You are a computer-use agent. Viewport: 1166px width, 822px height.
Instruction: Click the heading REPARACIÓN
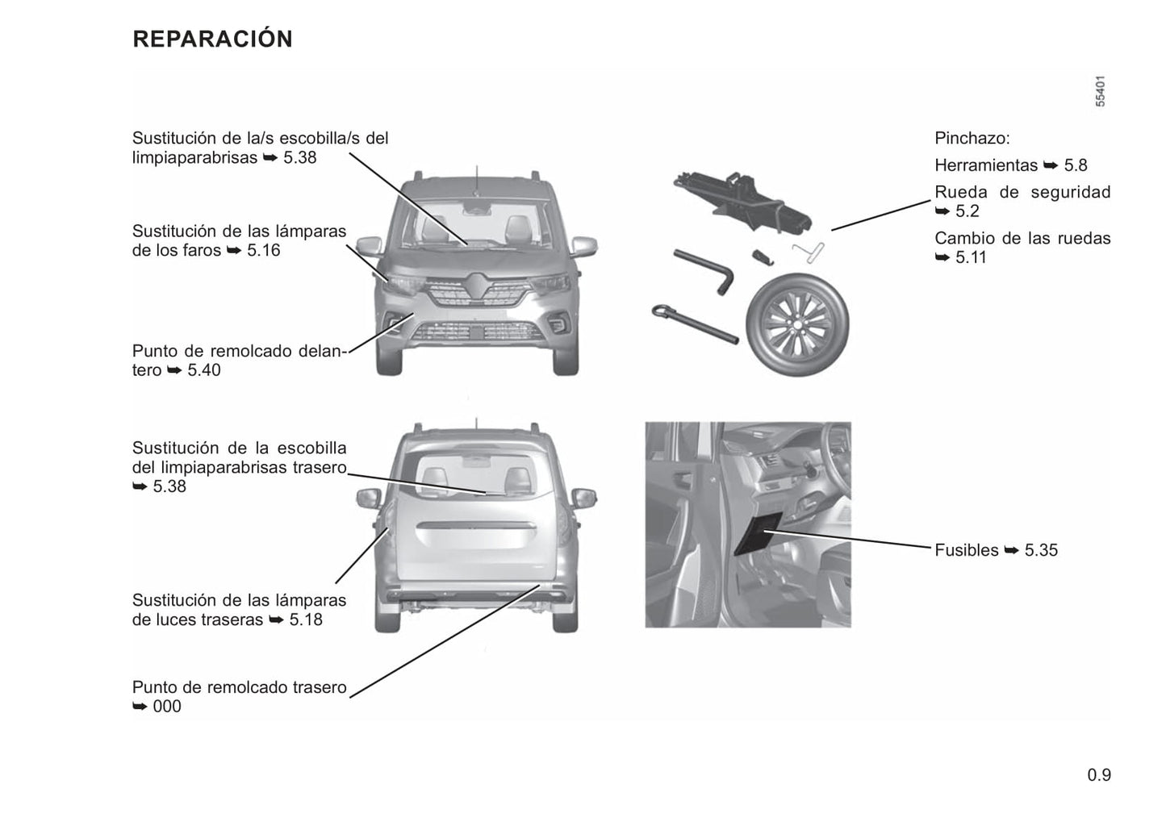point(212,39)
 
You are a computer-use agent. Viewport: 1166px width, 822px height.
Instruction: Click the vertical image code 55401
point(1100,91)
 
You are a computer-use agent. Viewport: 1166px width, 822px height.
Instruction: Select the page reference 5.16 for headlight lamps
point(263,250)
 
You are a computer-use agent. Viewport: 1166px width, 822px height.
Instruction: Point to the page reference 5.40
point(204,370)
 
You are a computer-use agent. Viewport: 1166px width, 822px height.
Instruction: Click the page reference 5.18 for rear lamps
point(306,620)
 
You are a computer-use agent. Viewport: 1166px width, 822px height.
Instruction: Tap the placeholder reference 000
point(167,707)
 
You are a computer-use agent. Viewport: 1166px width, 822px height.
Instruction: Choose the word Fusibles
point(967,550)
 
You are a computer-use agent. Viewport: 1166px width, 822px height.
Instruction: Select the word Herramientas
point(986,165)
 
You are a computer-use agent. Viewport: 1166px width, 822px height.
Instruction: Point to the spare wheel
point(797,324)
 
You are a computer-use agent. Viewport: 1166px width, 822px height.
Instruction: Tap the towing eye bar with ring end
point(695,324)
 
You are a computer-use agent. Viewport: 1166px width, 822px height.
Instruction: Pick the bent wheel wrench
point(705,270)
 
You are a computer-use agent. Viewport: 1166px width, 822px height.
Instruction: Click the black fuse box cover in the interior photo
point(759,533)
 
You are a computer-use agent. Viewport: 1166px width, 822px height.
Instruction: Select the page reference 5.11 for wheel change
point(971,257)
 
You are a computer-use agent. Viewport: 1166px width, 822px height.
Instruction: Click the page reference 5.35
point(1041,550)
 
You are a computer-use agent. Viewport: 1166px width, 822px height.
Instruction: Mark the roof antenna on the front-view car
point(476,180)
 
